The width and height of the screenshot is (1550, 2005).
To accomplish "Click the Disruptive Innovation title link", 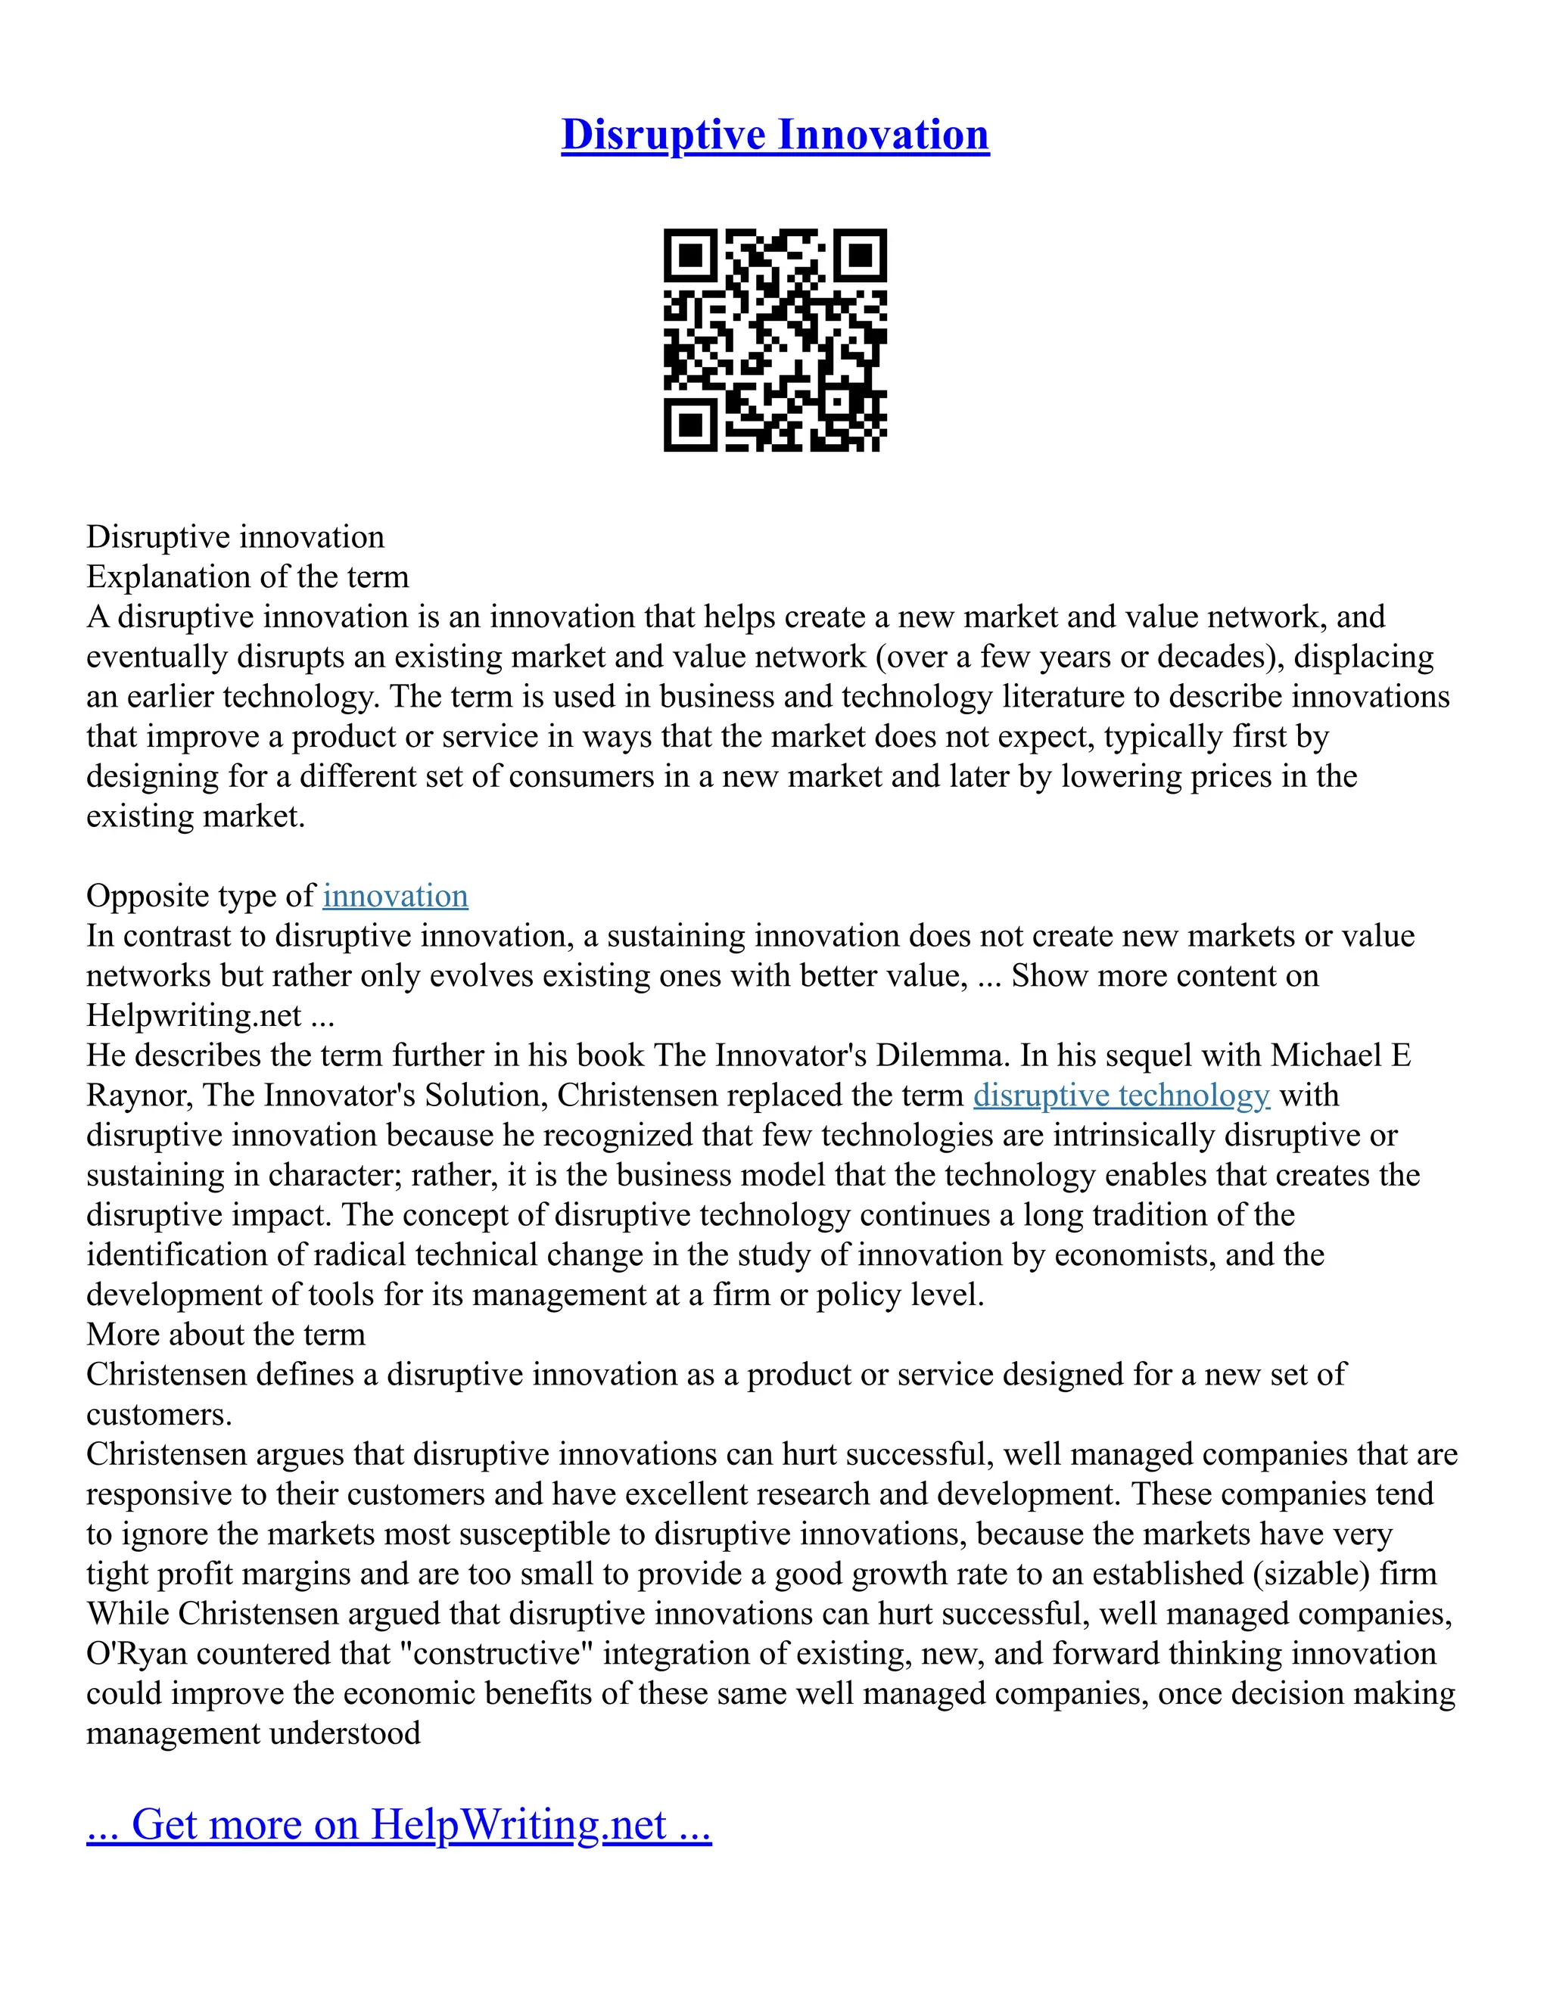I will point(775,135).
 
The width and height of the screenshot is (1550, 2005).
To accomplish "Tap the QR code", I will point(775,340).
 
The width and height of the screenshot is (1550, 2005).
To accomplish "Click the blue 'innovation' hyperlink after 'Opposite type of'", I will point(395,896).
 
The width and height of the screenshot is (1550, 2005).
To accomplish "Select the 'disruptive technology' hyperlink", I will point(1121,1096).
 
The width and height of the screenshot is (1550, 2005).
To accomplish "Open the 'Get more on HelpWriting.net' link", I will point(399,1824).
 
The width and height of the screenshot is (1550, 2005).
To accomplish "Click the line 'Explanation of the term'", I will point(248,577).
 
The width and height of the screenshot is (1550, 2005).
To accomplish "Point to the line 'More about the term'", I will point(226,1334).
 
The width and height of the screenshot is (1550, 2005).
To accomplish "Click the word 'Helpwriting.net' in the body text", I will point(194,1015).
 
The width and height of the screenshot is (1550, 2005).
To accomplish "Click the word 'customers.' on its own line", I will point(160,1415).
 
